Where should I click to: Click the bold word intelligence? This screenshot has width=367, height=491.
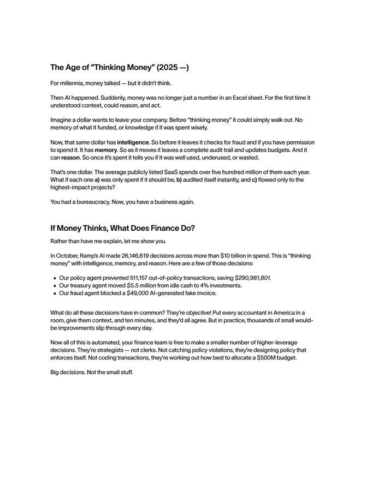[133, 142]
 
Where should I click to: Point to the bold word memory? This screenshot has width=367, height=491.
[106, 149]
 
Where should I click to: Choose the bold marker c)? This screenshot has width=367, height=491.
[254, 179]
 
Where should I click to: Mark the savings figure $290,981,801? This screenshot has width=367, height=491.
[252, 278]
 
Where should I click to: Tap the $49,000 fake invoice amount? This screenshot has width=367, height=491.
[138, 293]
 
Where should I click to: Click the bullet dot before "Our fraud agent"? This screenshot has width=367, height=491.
[55, 293]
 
